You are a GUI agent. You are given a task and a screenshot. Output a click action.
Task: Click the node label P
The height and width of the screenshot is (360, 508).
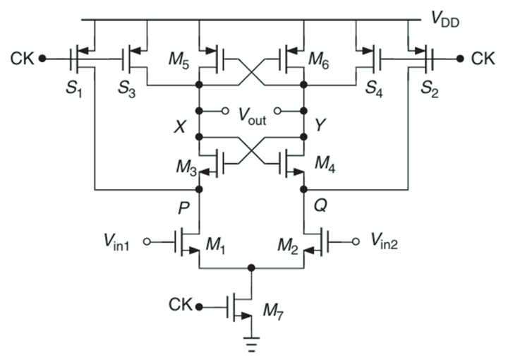(183, 207)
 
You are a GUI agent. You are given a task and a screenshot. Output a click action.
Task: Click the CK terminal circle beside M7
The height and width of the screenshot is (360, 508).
(201, 306)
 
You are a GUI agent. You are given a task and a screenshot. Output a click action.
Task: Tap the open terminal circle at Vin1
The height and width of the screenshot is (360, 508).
(147, 242)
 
